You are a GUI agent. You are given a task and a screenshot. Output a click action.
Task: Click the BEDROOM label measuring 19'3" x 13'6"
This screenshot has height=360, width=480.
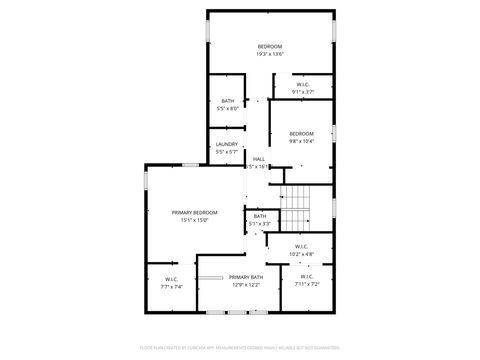point(270,47)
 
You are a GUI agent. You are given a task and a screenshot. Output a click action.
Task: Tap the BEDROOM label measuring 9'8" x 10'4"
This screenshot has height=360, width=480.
point(302,134)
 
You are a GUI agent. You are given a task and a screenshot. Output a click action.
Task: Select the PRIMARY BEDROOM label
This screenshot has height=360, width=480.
point(194,213)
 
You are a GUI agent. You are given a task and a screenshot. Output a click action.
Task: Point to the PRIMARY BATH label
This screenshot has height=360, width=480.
point(246,277)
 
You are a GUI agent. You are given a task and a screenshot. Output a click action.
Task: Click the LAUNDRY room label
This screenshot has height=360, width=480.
point(227,145)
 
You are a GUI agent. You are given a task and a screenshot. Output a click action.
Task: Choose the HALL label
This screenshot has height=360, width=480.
point(258,159)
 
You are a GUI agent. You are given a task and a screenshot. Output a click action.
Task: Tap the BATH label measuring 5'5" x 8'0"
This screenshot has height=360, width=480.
point(228,101)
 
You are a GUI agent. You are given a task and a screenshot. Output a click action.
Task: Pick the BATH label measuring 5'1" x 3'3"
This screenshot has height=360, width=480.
point(260,216)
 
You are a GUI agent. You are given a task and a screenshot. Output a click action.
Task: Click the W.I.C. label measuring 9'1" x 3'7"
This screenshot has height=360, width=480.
point(303,84)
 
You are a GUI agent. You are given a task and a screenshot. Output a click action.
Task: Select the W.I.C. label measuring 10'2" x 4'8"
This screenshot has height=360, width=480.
point(302,246)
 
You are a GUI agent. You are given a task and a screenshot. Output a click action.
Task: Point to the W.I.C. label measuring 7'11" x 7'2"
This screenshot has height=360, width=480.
point(306,277)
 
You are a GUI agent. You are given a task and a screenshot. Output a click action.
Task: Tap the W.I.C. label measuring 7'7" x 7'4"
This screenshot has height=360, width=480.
point(171,280)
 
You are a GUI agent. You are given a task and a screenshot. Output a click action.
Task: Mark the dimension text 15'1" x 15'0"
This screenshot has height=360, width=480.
point(194,220)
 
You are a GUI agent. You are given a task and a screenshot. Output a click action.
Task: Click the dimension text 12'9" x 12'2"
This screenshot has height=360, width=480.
point(246,285)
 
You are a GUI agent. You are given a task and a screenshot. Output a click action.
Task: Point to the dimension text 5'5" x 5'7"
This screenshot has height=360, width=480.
point(227,152)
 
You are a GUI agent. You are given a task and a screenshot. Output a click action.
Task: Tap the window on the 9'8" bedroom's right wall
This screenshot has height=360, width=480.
point(335,132)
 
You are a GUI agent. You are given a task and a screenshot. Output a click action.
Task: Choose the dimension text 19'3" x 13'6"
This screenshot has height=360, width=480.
point(270,54)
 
